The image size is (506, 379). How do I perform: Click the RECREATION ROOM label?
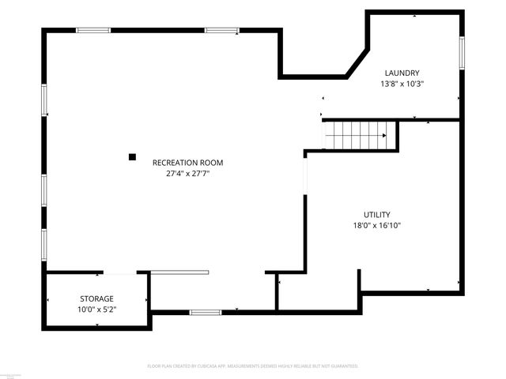[187, 163]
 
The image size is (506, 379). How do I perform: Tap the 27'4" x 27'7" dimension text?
[187, 174]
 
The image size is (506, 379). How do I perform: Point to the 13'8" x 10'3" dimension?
[402, 84]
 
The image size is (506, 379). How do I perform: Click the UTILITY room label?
[377, 215]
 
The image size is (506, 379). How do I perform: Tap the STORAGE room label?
[96, 298]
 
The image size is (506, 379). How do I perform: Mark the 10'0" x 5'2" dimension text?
[96, 309]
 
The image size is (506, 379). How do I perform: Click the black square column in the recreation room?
[133, 156]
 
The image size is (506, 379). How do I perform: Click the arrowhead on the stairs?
[384, 135]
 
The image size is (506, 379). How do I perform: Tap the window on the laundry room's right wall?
[462, 51]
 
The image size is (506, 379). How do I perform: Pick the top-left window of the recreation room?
[93, 30]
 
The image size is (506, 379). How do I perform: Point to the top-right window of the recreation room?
[221, 30]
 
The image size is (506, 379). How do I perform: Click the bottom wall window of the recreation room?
[205, 313]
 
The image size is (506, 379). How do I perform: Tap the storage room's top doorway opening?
[119, 273]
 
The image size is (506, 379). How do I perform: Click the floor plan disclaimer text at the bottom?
[253, 366]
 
